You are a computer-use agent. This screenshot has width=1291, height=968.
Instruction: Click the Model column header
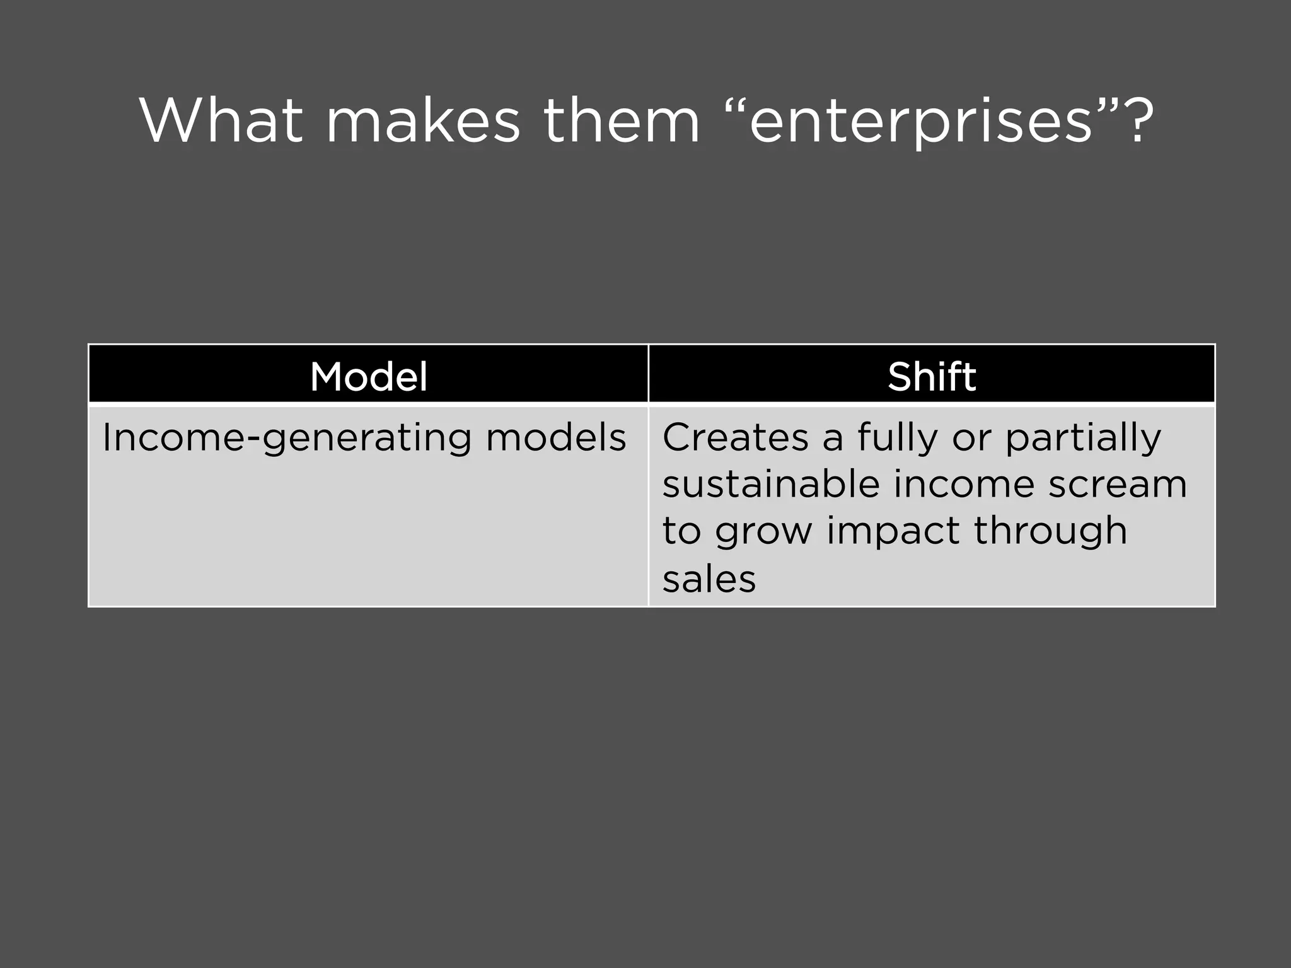tap(369, 377)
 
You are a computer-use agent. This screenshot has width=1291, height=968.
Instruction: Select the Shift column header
tap(932, 377)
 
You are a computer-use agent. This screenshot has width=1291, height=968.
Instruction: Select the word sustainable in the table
tap(771, 484)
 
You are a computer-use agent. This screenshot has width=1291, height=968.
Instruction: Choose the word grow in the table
tap(763, 532)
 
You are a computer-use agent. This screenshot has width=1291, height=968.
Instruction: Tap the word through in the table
tap(1050, 532)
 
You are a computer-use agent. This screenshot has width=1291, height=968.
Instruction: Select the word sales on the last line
tap(709, 579)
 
